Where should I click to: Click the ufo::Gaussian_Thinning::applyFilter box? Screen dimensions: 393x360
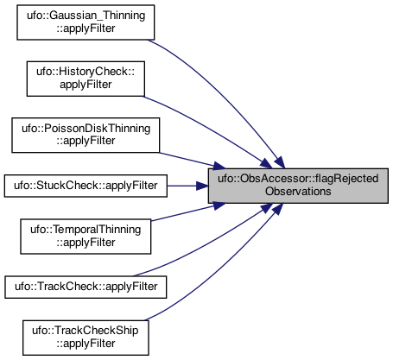86,22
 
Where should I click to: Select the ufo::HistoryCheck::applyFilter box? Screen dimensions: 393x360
86,79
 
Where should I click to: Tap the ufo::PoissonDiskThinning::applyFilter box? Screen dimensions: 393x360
86,135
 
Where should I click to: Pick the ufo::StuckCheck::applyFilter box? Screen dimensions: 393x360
86,186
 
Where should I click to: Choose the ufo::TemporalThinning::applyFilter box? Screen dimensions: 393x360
86,237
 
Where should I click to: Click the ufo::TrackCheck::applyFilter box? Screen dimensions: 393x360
86,287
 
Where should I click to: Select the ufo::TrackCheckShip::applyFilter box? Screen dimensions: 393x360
86,338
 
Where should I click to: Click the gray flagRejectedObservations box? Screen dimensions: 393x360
298,186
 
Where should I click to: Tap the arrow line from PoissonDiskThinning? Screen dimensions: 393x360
193,161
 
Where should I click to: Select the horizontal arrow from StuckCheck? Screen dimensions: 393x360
187,186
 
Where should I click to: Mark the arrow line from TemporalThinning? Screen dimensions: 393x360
188,212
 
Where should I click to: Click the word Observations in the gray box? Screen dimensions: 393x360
298,192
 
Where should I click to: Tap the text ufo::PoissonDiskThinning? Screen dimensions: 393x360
86,129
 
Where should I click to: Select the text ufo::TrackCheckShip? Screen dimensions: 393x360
86,331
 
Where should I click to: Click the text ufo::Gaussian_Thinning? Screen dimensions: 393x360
86,16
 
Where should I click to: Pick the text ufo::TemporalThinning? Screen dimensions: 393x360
86,230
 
